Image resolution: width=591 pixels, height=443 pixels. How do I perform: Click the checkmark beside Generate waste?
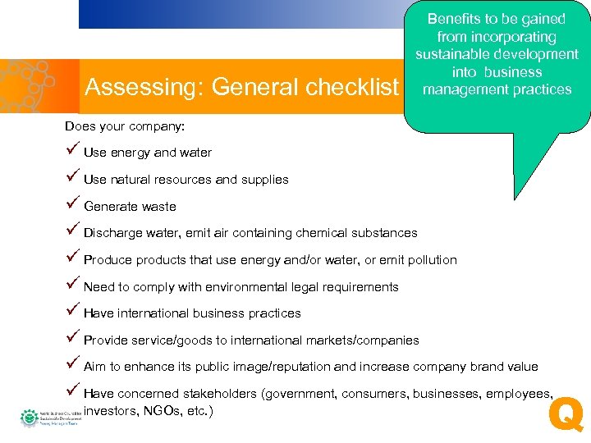click(72, 204)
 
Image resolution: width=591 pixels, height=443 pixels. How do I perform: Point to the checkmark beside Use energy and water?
click(72, 151)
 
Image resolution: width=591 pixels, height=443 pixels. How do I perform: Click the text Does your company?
click(125, 126)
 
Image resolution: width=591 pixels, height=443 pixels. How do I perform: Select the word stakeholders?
click(218, 394)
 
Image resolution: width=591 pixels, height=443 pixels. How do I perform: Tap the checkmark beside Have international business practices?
click(72, 311)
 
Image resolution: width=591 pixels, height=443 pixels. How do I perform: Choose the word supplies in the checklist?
click(264, 180)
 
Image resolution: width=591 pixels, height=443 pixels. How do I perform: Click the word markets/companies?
click(362, 340)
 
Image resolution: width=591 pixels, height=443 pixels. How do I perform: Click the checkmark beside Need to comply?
click(72, 285)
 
